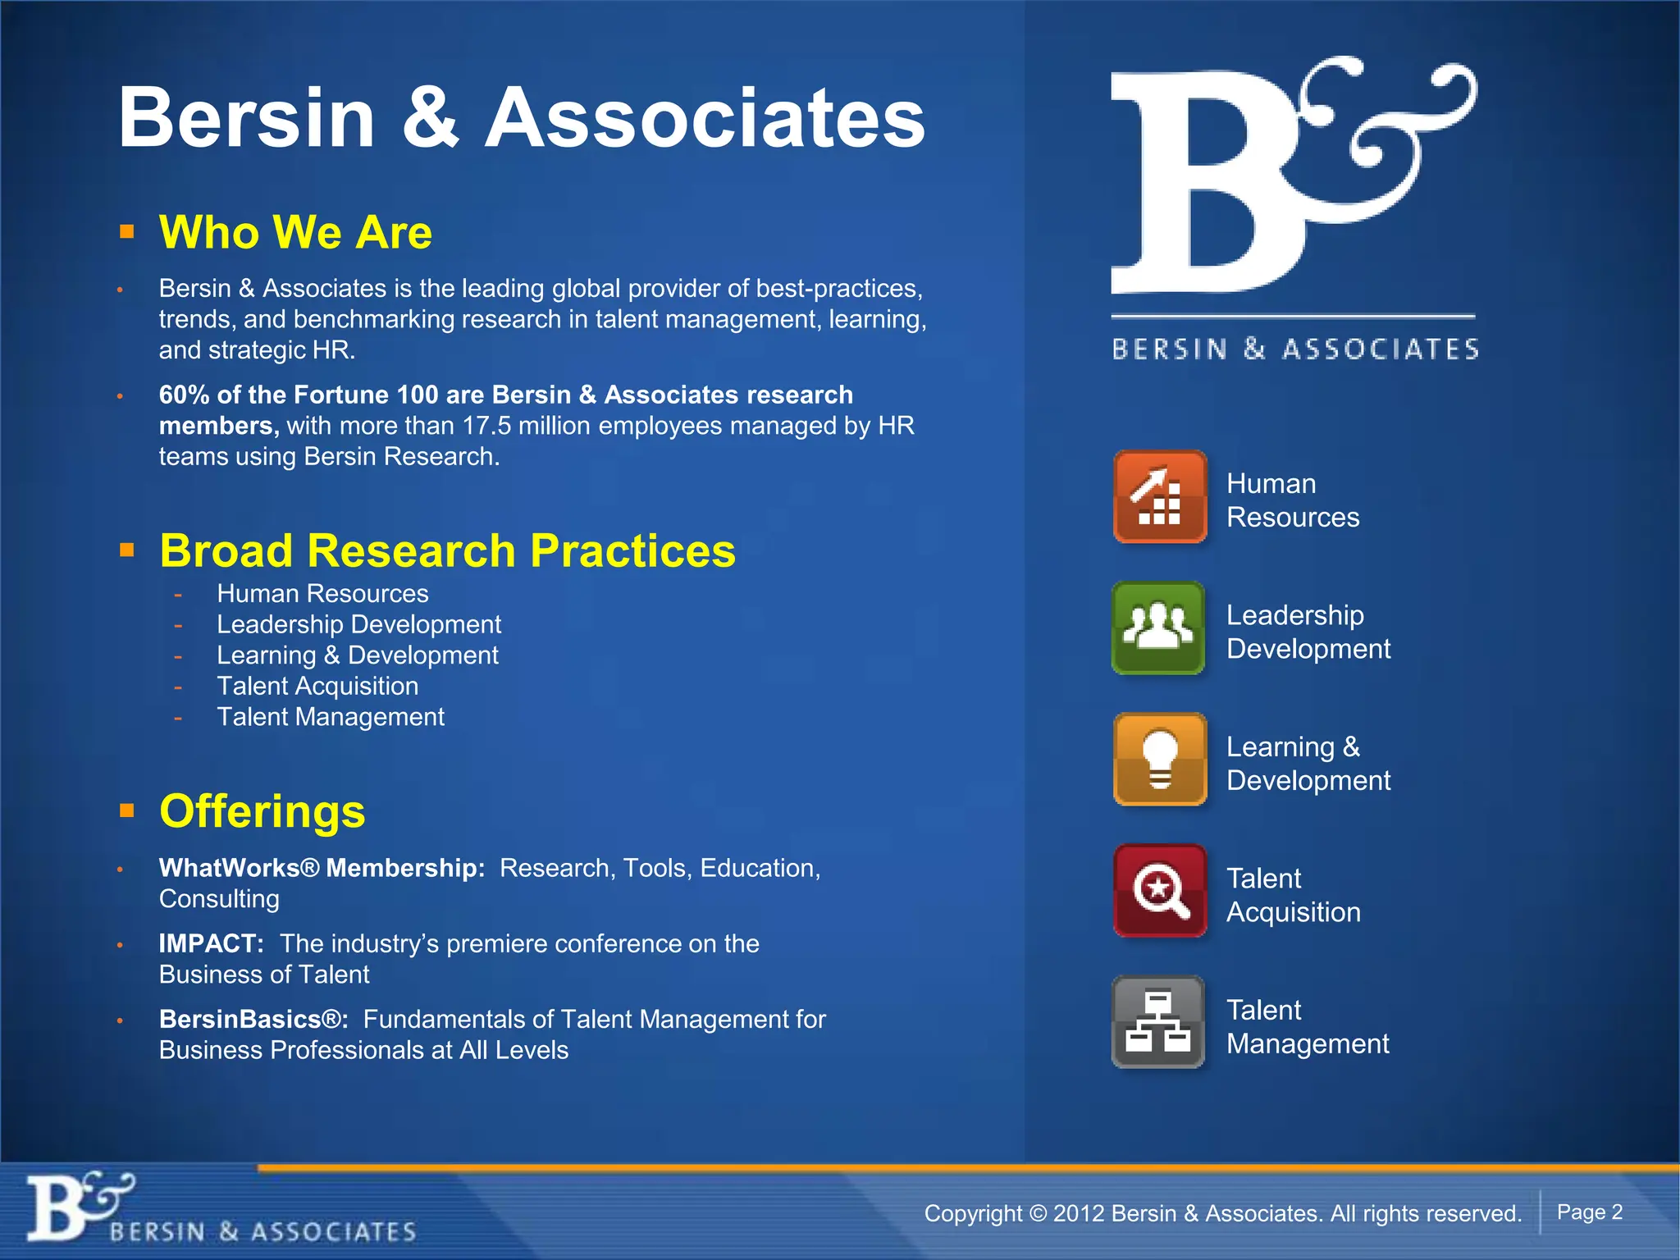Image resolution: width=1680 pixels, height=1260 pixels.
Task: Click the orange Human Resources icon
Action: tap(1160, 496)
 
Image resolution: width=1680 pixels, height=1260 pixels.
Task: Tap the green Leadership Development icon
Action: tap(1158, 628)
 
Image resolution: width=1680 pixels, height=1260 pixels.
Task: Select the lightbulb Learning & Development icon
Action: tap(1160, 760)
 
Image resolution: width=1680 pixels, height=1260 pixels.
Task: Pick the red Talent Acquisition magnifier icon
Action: tap(1160, 891)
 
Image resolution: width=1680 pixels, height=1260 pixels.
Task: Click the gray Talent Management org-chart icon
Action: tap(1158, 1022)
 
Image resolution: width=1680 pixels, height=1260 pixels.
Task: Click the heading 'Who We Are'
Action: tap(295, 232)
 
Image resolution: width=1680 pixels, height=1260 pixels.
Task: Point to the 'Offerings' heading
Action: tap(262, 811)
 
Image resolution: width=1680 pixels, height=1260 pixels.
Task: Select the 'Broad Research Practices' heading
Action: tap(447, 550)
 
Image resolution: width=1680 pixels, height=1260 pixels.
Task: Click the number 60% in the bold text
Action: tap(184, 395)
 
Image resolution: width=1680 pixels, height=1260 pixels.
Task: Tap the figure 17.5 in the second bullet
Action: tap(486, 427)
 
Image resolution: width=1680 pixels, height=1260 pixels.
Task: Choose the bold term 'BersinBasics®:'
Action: tap(253, 1020)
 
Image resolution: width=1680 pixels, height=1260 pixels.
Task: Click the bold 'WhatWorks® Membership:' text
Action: tap(322, 869)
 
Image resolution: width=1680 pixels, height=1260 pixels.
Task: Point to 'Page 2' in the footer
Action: tap(1590, 1212)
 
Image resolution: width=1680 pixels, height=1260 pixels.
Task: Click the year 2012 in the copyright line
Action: tap(1077, 1214)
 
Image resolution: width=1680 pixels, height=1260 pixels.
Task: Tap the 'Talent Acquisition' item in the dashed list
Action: tap(317, 687)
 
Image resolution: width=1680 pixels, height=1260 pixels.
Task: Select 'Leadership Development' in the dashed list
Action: tap(358, 625)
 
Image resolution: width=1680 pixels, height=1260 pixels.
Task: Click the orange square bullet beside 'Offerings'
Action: tap(126, 811)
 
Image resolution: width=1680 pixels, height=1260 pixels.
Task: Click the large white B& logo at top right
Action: tap(1288, 176)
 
